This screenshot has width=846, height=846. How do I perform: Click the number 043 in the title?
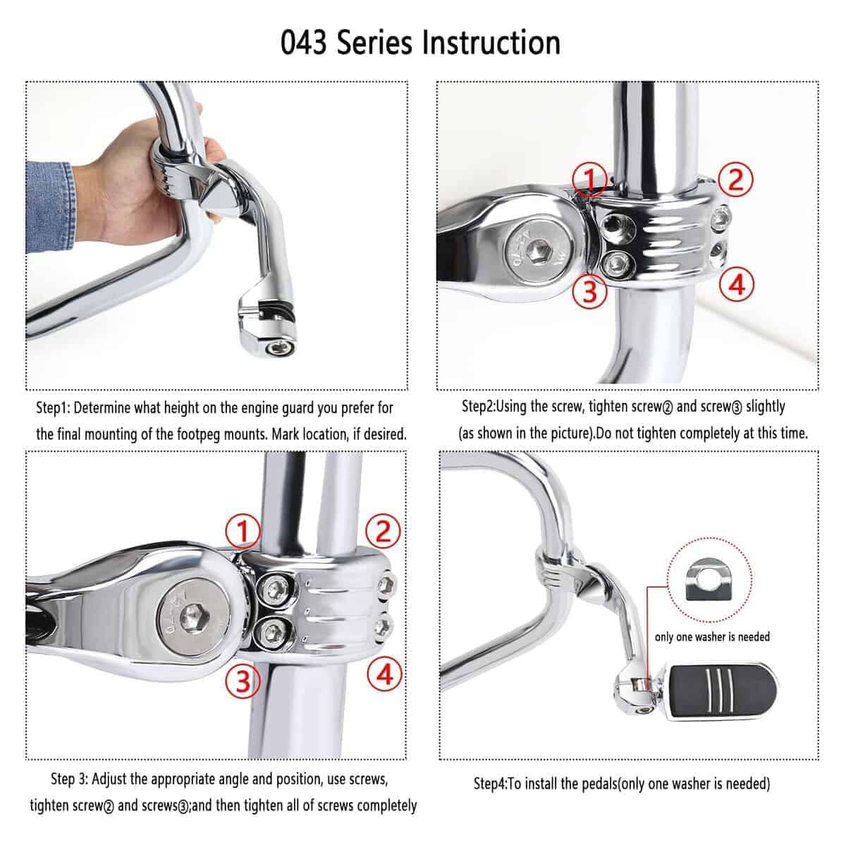303,42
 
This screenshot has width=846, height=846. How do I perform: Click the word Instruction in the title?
491,42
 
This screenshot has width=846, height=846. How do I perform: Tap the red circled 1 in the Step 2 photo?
590,179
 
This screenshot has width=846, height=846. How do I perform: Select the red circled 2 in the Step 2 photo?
736,180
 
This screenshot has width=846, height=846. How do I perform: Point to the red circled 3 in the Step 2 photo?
590,290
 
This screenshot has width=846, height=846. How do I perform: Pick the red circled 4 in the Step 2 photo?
737,284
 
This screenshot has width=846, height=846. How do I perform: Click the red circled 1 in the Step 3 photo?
243,531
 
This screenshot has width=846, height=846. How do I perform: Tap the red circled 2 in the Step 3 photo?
383,531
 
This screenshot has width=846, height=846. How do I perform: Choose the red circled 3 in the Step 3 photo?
243,681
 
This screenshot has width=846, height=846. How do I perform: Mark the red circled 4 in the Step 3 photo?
385,675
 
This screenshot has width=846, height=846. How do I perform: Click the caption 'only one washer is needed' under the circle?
712,637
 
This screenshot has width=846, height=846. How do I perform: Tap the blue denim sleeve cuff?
51,207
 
